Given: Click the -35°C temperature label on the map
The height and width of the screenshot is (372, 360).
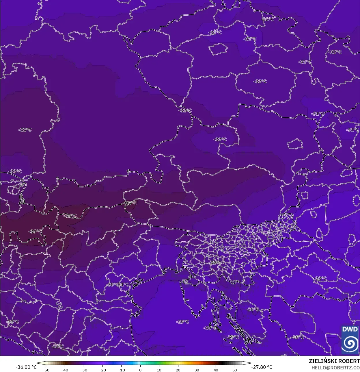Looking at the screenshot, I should (130, 203).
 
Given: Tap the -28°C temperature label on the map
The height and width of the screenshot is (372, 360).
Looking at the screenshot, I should (320, 278).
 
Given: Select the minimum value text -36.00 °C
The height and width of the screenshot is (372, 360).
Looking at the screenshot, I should (26, 367).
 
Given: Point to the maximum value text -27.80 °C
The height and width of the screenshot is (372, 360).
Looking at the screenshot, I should (262, 367).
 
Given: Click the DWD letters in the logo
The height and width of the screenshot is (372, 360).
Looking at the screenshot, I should (350, 329).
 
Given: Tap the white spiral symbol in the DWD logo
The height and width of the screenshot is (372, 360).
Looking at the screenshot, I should (350, 343).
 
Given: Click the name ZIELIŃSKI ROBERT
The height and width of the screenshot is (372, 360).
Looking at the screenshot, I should (334, 361).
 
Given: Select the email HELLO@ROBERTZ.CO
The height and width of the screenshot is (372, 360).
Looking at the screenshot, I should (335, 368).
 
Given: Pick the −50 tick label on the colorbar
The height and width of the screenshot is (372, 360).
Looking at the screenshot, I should (46, 370).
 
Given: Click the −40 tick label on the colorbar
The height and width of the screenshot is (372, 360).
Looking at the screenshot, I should (65, 370).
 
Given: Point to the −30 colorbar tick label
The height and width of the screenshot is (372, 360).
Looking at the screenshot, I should (83, 370).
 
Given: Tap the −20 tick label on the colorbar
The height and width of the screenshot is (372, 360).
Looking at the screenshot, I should (102, 370).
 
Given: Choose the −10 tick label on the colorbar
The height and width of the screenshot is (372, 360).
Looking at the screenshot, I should (121, 370).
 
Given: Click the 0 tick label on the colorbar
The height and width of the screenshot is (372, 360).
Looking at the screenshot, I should (140, 370).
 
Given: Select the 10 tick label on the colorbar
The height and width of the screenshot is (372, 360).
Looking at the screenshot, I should (159, 370).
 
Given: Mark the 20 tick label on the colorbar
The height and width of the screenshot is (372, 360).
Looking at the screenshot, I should (178, 370).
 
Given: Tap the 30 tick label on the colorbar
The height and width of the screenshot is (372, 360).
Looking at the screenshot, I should (197, 370).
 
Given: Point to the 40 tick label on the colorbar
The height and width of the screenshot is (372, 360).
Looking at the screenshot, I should (216, 370).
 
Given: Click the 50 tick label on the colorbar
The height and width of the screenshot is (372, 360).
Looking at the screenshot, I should (234, 370).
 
